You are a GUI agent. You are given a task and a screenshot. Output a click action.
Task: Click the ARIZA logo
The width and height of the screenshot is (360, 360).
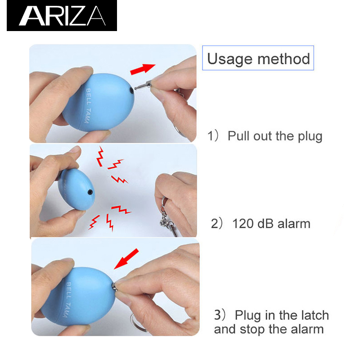click(62, 16)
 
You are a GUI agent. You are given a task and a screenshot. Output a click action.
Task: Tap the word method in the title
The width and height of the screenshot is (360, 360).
click(284, 59)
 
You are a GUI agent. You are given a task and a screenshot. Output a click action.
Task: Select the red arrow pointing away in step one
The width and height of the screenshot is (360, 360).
click(143, 69)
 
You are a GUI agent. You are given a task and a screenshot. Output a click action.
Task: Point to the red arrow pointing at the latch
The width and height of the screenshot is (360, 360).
click(126, 259)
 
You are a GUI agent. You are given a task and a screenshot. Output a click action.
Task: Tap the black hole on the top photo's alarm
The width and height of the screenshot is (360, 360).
click(131, 90)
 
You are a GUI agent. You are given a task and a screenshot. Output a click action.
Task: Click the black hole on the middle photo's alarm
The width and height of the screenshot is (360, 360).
click(90, 192)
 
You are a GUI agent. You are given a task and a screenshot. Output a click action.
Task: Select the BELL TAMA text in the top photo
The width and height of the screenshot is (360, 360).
click(88, 106)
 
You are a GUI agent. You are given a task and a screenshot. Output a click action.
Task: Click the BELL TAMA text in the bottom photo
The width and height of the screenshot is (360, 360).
click(68, 300)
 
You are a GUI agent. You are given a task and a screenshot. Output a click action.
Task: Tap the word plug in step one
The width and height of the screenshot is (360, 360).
click(310, 137)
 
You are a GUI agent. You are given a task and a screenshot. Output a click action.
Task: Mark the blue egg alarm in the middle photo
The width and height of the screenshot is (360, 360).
click(76, 189)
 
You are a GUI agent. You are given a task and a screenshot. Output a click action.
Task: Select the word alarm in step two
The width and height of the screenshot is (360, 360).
click(294, 224)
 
